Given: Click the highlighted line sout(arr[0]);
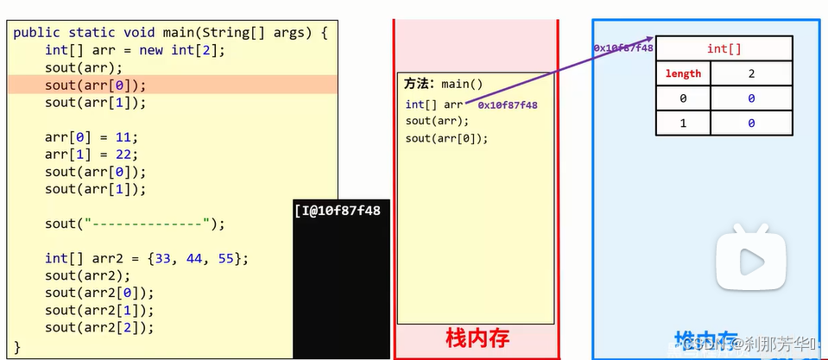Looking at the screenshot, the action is [x=96, y=85].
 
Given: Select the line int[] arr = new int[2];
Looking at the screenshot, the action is [x=135, y=50].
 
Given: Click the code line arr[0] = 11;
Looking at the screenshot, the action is [x=92, y=136].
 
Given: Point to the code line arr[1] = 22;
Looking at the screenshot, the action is [x=92, y=154].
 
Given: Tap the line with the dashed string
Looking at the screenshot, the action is [x=135, y=224].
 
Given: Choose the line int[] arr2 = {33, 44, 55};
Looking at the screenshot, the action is [x=147, y=258].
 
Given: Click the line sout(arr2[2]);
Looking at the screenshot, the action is [x=99, y=327].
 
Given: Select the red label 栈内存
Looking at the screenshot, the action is [x=476, y=338].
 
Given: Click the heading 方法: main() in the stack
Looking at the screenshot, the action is [x=444, y=85].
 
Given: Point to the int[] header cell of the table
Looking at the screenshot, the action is [x=724, y=48].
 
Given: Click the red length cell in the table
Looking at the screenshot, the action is [x=683, y=74].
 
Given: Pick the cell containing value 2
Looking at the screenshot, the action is [x=751, y=74].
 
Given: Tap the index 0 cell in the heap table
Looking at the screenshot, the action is [x=683, y=99].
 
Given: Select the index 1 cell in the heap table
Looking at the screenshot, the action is [x=683, y=123].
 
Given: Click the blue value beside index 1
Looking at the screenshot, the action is [x=751, y=123].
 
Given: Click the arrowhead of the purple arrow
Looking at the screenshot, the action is [x=648, y=39].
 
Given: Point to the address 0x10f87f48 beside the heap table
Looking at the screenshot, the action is [x=623, y=48].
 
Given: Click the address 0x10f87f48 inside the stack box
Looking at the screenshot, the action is [x=508, y=105].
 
